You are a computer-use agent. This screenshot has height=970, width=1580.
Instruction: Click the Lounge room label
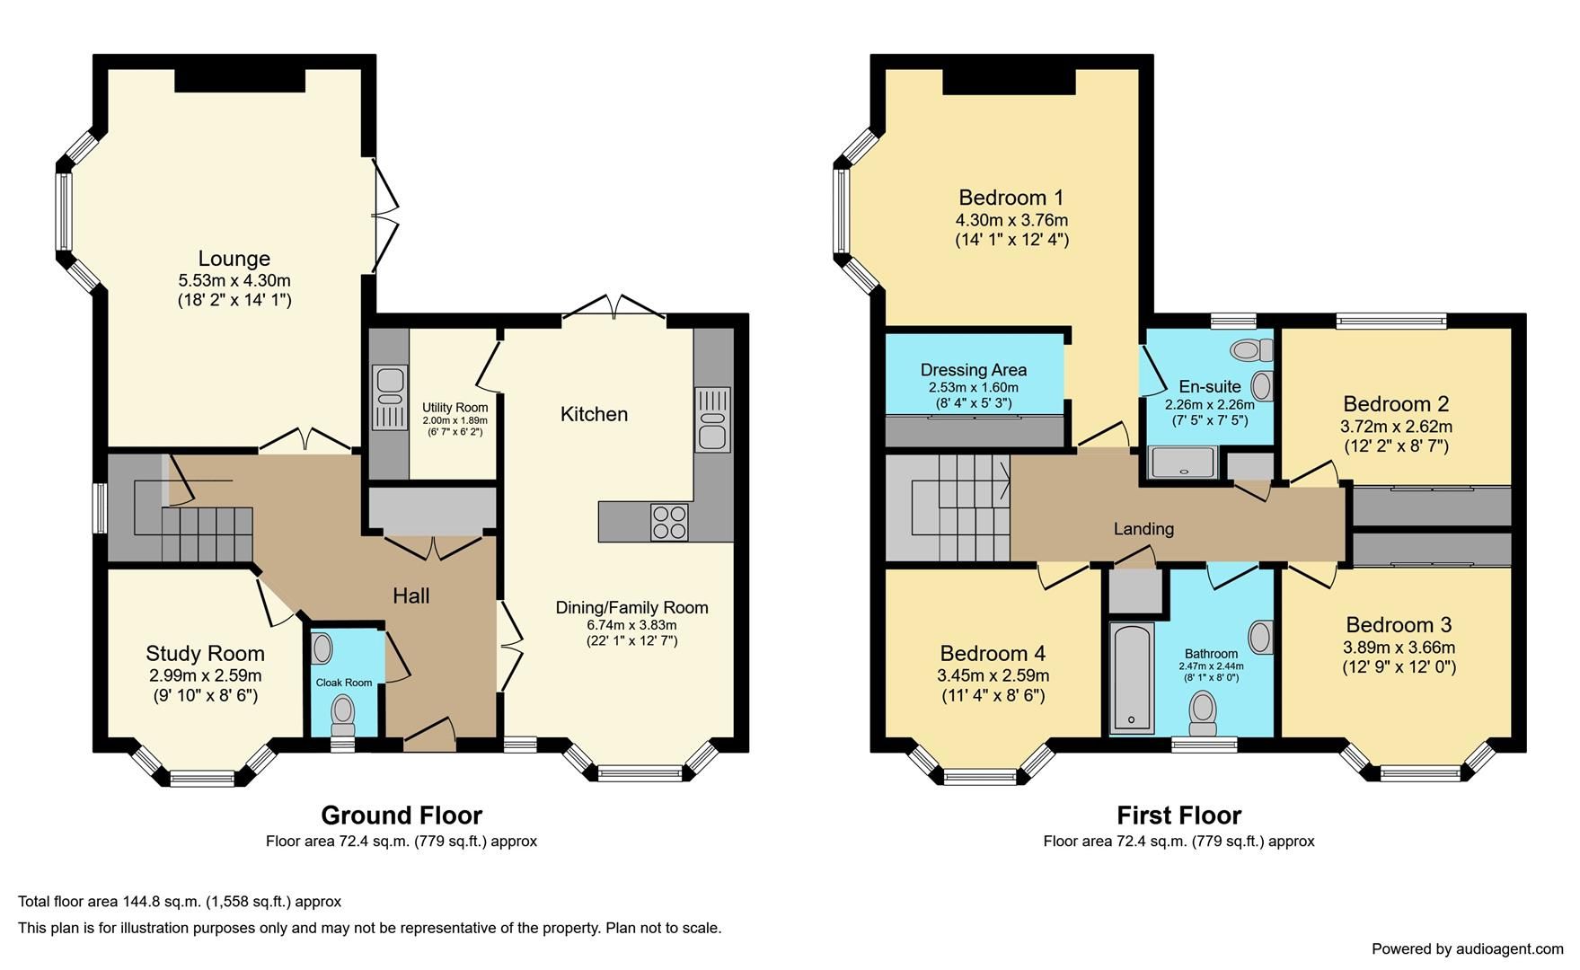coord(234,259)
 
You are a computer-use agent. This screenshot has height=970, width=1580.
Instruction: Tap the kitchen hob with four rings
coord(668,522)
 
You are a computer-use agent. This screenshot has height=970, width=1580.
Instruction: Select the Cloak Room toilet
coord(342,711)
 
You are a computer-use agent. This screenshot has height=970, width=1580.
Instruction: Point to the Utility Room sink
coord(390,396)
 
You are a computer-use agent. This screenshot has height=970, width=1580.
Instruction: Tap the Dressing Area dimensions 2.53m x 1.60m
coord(973,388)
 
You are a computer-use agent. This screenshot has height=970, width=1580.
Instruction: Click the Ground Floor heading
coord(401,816)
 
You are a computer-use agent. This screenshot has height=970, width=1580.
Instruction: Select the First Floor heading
coord(1178,816)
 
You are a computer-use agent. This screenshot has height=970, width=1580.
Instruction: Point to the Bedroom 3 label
coord(1399,625)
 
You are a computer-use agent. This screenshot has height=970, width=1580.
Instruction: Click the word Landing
coord(1143,529)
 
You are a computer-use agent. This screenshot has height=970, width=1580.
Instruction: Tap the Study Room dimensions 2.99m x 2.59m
coord(205,675)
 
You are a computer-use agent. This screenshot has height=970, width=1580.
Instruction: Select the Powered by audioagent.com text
coord(1467,948)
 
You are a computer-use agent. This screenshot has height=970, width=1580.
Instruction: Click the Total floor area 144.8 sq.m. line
coord(180,902)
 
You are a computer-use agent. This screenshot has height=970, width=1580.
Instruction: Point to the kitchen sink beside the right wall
coord(712,419)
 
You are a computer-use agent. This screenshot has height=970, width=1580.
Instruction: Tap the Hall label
coord(410,595)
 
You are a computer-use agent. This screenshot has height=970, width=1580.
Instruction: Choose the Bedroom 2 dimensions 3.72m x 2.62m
coord(1396,427)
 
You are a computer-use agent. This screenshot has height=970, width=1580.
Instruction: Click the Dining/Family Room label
coord(631,608)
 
